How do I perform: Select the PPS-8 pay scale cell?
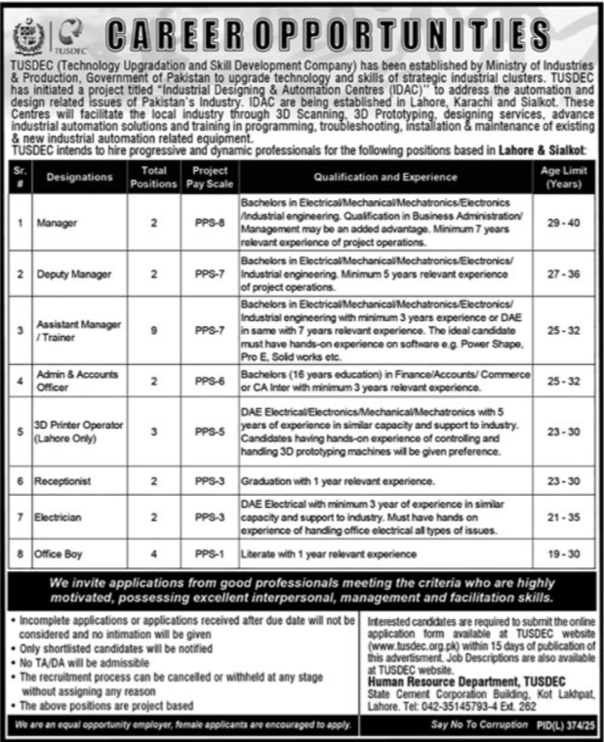[207, 223]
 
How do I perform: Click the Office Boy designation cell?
[60, 554]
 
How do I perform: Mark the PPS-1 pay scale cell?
[207, 554]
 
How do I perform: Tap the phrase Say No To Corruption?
[477, 726]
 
